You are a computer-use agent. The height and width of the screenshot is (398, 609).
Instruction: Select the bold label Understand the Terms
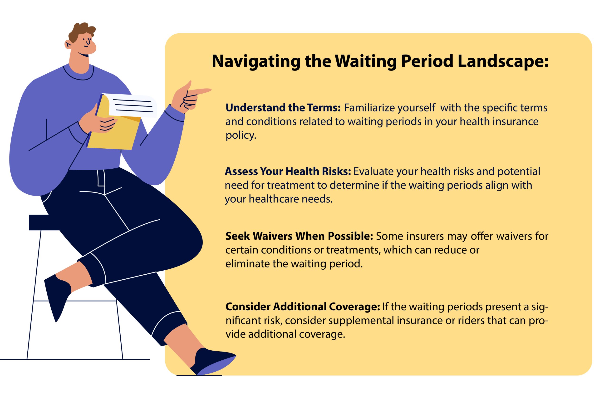click(x=283, y=108)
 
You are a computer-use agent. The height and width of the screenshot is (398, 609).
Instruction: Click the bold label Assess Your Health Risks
click(x=288, y=171)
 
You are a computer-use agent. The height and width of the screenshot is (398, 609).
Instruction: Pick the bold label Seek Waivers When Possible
click(x=299, y=236)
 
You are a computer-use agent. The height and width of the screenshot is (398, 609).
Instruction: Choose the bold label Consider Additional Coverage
click(x=303, y=307)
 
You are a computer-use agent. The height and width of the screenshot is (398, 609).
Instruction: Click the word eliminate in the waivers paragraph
click(x=247, y=264)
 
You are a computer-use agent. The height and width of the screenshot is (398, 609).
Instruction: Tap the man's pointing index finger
click(x=200, y=91)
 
